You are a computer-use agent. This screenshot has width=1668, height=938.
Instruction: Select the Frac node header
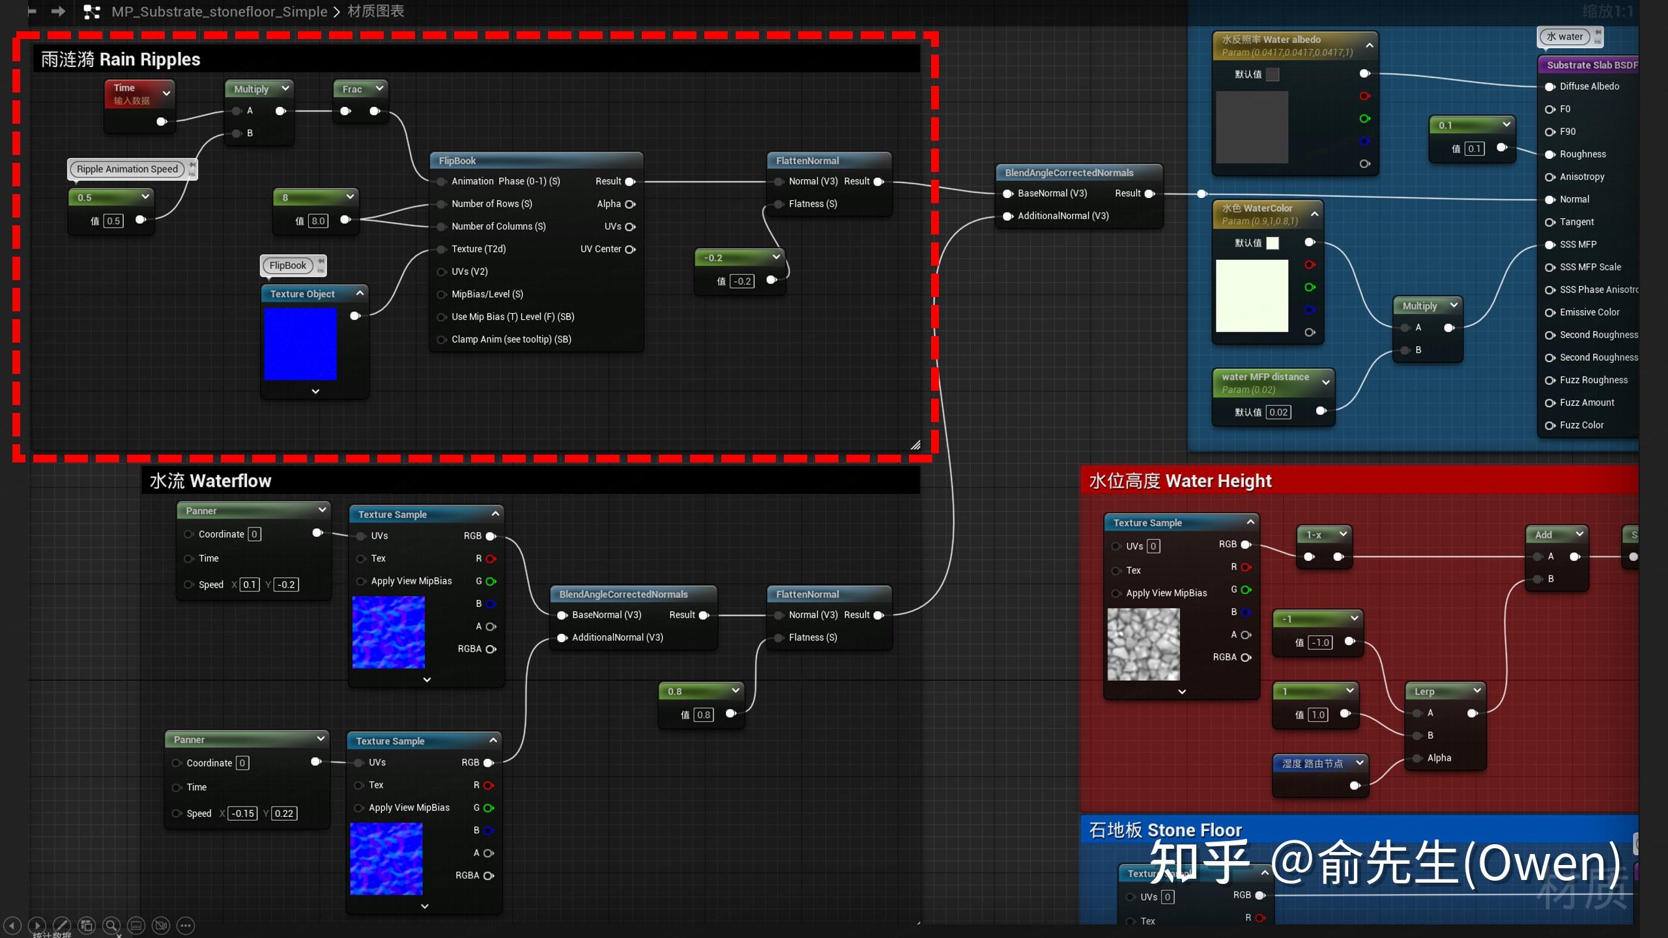[352, 89]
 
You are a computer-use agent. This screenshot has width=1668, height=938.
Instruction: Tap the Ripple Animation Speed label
[127, 169]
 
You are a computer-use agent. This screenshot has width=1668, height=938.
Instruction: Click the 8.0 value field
[318, 221]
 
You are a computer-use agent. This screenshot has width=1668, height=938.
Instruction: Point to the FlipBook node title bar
[534, 161]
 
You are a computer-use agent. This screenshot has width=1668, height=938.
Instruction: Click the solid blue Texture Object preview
[300, 344]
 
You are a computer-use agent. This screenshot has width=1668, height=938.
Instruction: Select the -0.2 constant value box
[743, 281]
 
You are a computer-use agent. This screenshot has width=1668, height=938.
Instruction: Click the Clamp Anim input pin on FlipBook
[441, 339]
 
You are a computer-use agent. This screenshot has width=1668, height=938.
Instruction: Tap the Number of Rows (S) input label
[492, 204]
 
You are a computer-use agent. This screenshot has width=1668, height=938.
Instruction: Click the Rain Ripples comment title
[121, 60]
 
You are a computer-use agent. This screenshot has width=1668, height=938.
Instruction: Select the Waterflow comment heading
[210, 481]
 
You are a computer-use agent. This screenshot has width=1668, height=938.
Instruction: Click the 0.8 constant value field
[704, 715]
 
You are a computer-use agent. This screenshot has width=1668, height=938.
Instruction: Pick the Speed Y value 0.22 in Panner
[283, 814]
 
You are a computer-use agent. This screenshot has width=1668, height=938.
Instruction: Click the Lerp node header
[1424, 691]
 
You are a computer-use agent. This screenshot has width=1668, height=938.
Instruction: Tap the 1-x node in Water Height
[1315, 535]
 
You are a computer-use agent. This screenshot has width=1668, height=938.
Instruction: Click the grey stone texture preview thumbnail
[1143, 644]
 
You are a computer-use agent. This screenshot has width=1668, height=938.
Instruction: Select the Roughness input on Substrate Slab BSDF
[1583, 154]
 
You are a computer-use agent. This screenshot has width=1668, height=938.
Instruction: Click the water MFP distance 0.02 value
[1278, 412]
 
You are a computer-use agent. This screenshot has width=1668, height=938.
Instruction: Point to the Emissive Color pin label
[1589, 313]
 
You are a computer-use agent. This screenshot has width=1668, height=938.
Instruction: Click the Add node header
[1544, 535]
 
